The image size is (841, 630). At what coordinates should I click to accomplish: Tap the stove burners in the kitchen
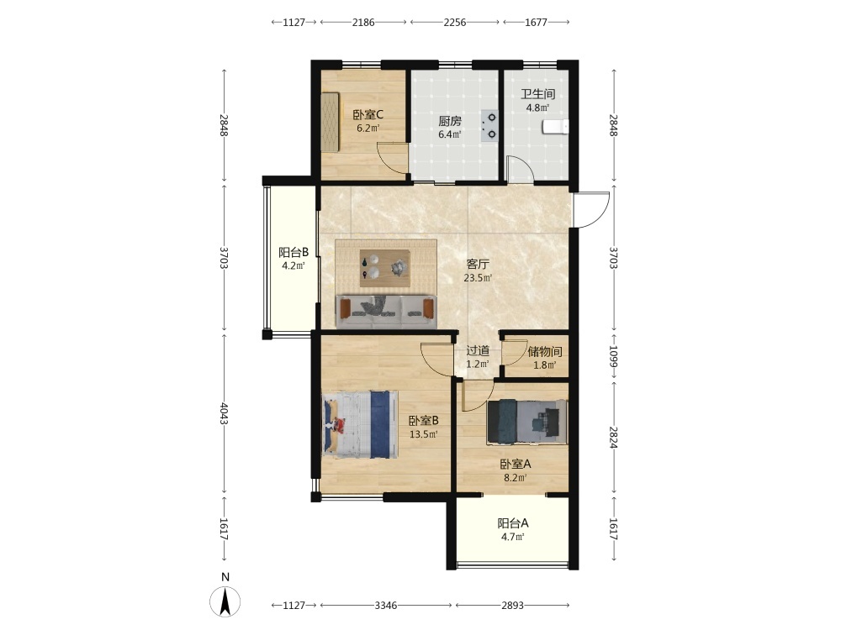coord(489,126)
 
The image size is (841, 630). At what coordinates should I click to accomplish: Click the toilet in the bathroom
coord(555,127)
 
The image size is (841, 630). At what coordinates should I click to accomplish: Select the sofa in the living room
coord(386,311)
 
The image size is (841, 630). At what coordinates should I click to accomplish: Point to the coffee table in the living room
coord(385,267)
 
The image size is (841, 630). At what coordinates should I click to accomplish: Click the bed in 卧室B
coord(359,424)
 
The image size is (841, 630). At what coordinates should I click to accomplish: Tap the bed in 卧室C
coord(331,122)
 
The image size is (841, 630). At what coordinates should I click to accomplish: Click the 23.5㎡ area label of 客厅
coord(478,278)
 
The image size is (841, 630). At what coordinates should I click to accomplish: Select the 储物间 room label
coord(545,351)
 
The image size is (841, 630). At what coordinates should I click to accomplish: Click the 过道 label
coord(478,351)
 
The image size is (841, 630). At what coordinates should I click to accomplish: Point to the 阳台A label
coord(513,522)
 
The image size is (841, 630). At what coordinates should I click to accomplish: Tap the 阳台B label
coord(294,252)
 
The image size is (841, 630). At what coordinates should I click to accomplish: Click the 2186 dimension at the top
coord(363,23)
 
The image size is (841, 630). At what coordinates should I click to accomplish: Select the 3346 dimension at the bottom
coord(386,606)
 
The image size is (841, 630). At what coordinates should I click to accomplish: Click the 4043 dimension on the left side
coord(225,413)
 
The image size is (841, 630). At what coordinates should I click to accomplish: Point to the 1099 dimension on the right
coord(614,355)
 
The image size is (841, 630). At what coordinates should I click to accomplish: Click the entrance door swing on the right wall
coord(591,209)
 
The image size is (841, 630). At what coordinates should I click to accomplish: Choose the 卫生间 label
coord(538,94)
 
